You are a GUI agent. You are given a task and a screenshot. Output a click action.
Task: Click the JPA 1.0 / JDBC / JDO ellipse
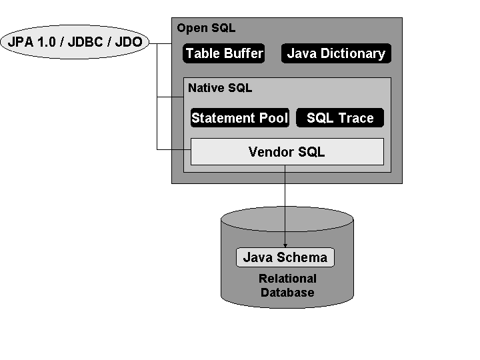75,43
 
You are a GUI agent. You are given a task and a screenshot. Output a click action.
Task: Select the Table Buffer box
224,54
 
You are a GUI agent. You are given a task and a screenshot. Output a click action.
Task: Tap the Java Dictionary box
336,54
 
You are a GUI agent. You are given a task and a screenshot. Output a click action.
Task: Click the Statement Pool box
239,118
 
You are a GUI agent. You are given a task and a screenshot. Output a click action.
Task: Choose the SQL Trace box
340,118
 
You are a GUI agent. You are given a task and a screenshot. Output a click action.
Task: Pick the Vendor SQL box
287,152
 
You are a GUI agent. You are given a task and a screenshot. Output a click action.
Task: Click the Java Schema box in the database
285,257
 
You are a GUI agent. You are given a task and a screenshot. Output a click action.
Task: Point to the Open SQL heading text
206,29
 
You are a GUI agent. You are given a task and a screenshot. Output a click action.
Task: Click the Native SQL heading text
220,88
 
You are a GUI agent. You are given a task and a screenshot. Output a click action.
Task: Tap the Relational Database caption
287,285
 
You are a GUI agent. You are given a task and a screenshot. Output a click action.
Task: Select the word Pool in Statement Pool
273,118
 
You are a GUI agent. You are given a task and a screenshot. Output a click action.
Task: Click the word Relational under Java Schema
287,279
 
